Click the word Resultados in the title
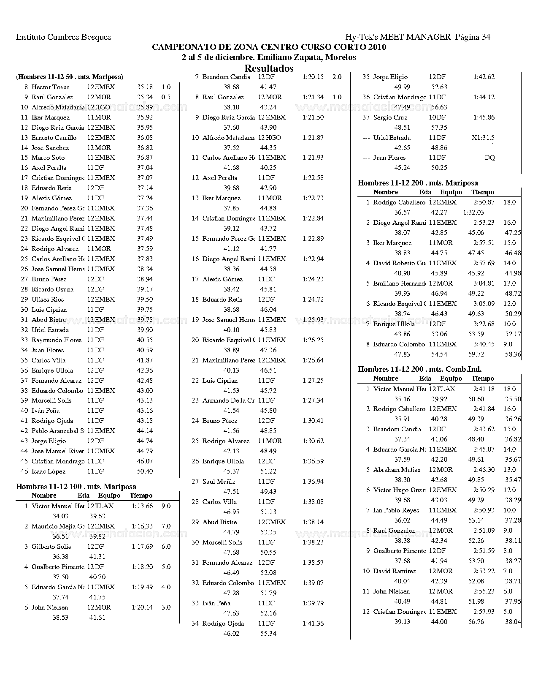269,68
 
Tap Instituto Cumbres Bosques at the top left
63,37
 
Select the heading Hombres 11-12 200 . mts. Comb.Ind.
419,369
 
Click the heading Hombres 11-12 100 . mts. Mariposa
76,487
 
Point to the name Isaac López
49,471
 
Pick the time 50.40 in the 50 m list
145,471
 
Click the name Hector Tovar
51,87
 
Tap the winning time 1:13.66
142,506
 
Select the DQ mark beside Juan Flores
489,158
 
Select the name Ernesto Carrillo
54,138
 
